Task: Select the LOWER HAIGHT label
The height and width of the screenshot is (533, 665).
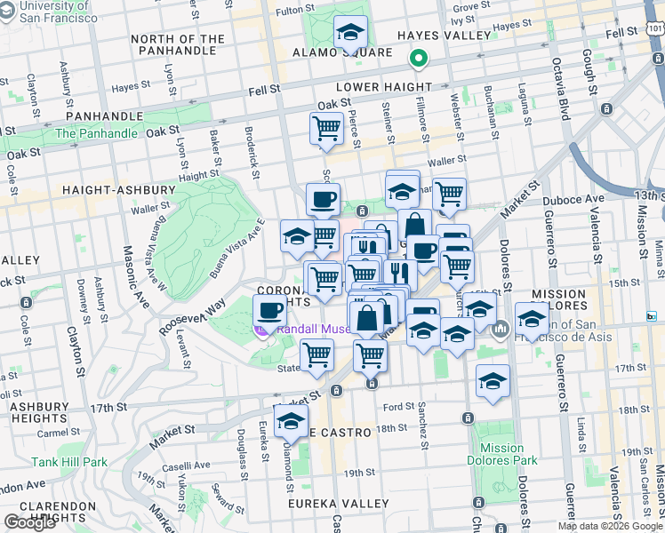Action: coord(383,87)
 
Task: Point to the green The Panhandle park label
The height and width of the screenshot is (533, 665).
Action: coord(96,133)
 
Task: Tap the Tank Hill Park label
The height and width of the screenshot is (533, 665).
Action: coord(68,462)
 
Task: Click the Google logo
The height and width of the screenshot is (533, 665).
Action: coord(30,522)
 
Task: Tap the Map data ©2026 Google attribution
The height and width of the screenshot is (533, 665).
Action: coord(610,526)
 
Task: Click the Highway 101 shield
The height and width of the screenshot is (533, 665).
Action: coord(655,29)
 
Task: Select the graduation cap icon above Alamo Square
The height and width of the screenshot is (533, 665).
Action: coord(350,32)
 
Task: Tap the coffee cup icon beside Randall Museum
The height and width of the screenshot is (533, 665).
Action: coord(269,310)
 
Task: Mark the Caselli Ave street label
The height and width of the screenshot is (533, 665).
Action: coord(186,465)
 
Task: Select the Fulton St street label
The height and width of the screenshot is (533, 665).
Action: coord(295,12)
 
